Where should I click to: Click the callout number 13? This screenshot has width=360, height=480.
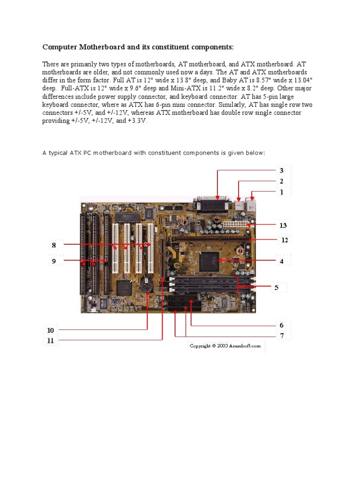click(x=283, y=225)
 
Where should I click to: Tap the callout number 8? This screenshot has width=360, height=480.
click(x=54, y=245)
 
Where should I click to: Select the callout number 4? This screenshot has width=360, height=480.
click(x=282, y=261)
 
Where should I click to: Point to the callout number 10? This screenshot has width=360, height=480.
click(x=51, y=330)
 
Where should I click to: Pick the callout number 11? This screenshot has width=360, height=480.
click(x=51, y=341)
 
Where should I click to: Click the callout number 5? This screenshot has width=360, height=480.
click(x=277, y=287)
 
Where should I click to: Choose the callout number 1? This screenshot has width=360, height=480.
click(x=282, y=192)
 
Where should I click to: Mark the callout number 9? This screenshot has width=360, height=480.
click(x=54, y=261)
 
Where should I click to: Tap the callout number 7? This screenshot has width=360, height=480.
click(x=282, y=336)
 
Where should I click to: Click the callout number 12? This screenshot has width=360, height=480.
click(x=285, y=240)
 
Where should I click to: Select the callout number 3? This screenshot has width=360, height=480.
click(x=282, y=171)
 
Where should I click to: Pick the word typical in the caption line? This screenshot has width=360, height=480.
click(x=60, y=153)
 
